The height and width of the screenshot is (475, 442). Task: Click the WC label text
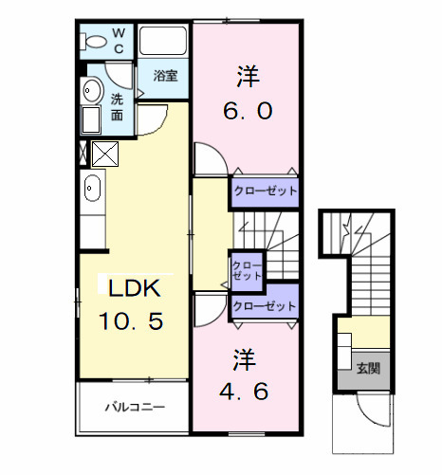120,41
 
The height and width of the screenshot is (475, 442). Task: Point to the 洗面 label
118,106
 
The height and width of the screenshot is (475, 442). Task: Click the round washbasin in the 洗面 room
92,91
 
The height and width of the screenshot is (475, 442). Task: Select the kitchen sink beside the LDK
92,189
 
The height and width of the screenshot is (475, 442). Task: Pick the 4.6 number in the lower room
246,389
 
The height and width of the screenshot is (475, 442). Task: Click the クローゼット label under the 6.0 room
265,192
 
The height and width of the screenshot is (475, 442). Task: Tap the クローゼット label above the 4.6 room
265,307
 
